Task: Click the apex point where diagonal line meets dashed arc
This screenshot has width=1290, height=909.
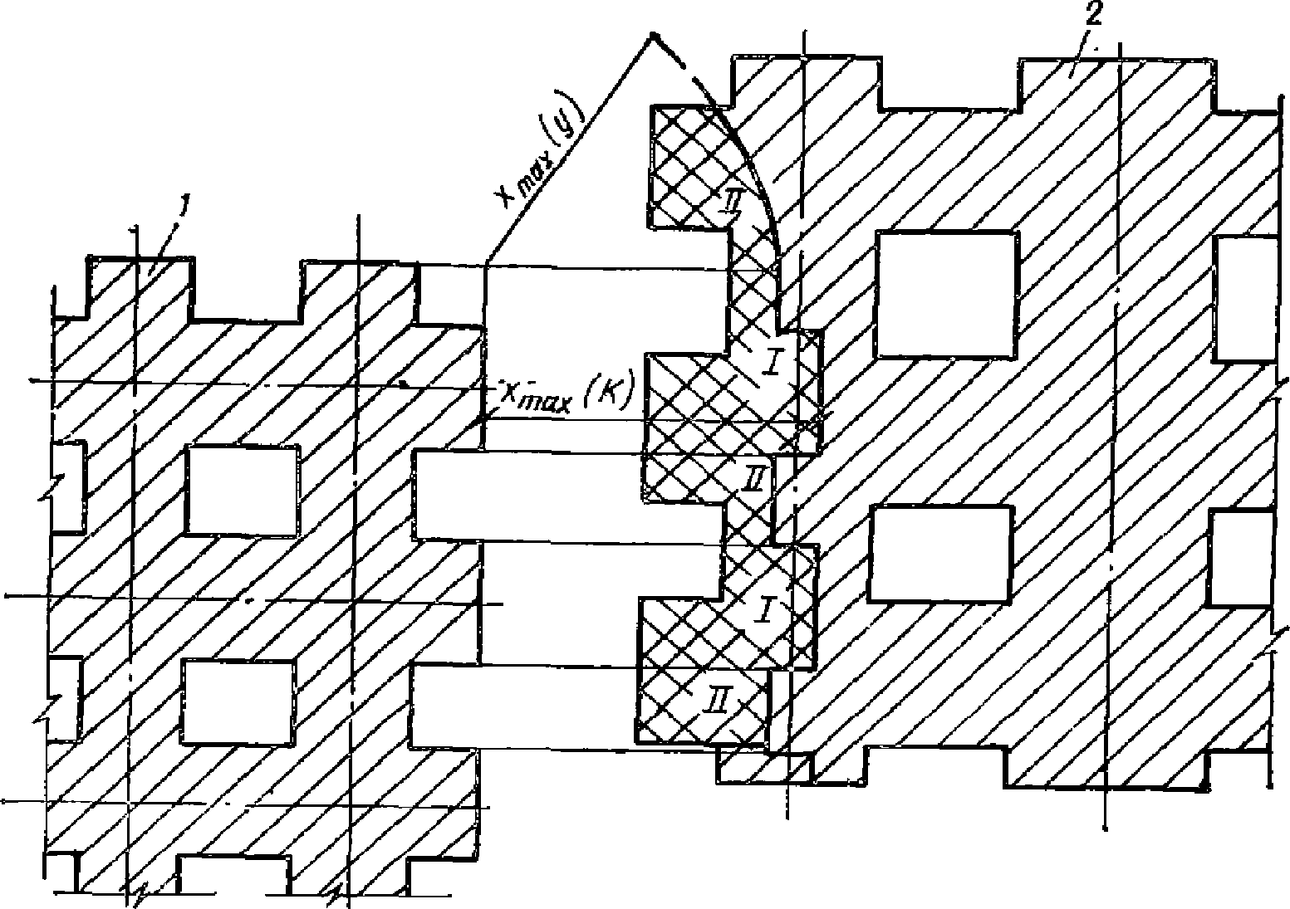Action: point(651,36)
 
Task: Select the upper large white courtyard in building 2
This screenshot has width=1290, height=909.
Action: point(947,294)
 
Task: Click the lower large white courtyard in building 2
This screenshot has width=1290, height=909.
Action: point(940,552)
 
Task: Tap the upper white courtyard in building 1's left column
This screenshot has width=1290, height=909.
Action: point(242,490)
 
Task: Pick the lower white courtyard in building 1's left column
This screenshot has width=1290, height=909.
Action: point(238,701)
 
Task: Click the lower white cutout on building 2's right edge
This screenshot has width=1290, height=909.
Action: point(1241,558)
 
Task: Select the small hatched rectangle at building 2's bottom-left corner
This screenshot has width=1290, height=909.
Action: point(763,767)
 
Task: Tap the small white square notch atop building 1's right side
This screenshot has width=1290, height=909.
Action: point(449,296)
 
